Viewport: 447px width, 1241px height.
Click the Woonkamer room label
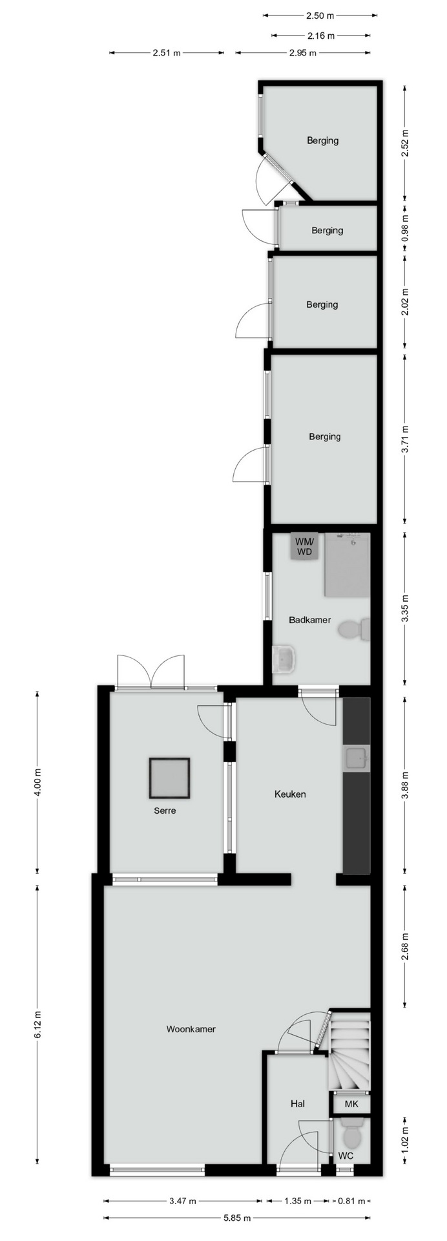pos(191,1029)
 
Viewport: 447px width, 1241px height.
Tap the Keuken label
pos(290,794)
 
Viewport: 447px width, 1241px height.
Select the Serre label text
pos(165,811)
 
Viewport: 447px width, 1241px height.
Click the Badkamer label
pos(310,620)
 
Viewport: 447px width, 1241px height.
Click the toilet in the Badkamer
pos(355,630)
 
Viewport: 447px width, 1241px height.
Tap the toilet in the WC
pos(352,1136)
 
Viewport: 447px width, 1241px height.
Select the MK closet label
pos(351,1105)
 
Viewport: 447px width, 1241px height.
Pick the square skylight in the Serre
pos(169,778)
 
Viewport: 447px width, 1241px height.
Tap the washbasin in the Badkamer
pos(284,659)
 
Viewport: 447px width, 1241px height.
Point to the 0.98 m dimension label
pos(405,229)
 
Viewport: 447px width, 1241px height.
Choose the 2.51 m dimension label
pos(167,54)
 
